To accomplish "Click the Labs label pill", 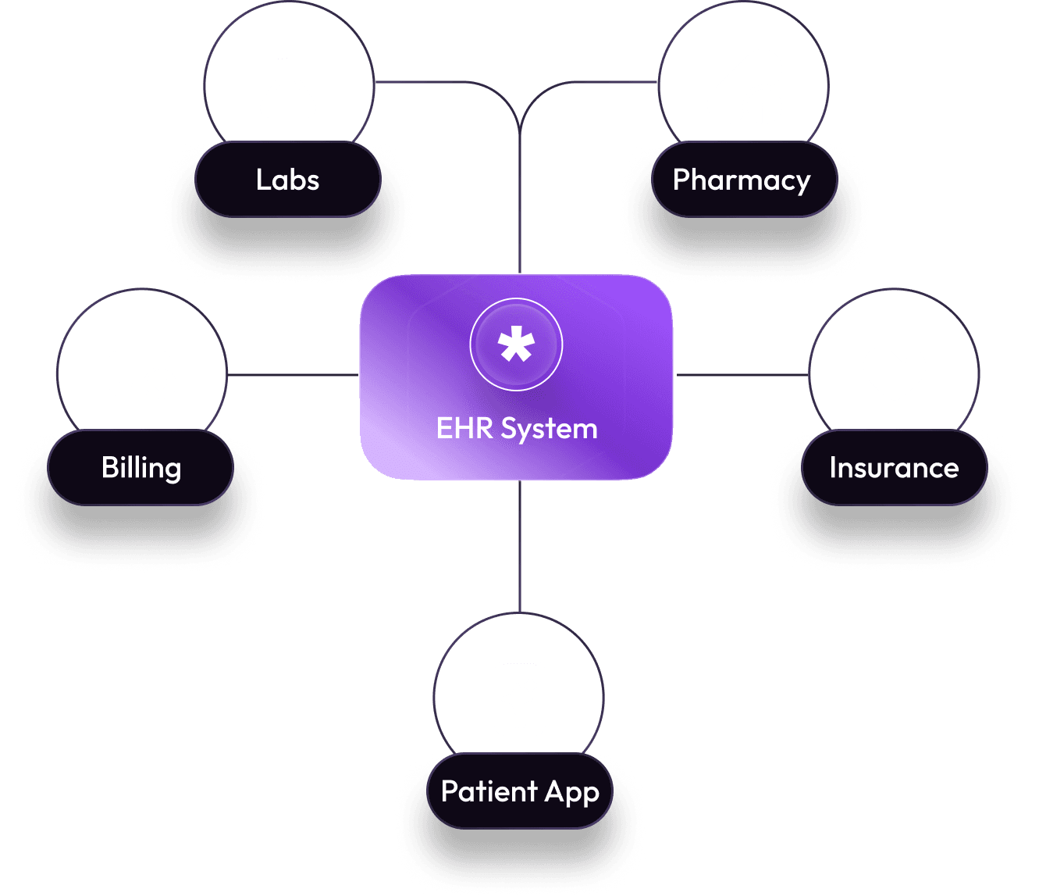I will pos(287,180).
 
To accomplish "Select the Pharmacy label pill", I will pos(742,180).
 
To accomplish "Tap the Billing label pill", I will pos(141,468).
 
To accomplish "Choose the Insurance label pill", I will pos(894,468).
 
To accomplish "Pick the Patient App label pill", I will pos(519,791).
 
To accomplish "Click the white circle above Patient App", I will pos(519,695).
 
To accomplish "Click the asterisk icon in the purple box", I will pos(516,344).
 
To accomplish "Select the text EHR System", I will pos(517,429).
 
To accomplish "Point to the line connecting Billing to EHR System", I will pos(293,375).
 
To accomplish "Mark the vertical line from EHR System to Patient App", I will pos(519,547).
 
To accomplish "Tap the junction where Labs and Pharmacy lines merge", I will pos(519,129).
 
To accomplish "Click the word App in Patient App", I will pos(571,792).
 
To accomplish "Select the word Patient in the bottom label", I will pos(489,791).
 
